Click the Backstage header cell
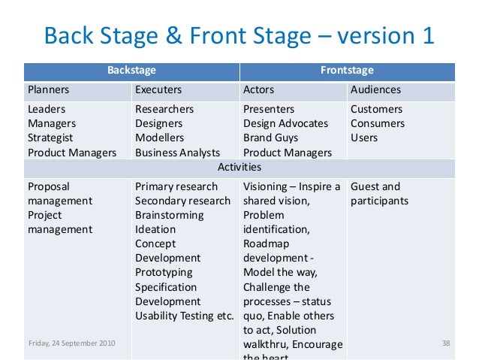(131, 71)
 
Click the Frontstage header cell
(347, 71)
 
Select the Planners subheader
(49, 90)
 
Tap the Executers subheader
(158, 90)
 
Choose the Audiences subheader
(375, 90)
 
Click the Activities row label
(239, 167)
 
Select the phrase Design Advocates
(285, 123)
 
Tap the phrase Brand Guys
(270, 138)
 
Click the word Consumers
(378, 123)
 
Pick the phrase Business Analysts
(177, 153)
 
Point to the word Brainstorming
(169, 215)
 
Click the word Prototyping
(164, 272)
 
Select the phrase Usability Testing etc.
(185, 315)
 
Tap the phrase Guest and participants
(379, 193)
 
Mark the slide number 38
(446, 343)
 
